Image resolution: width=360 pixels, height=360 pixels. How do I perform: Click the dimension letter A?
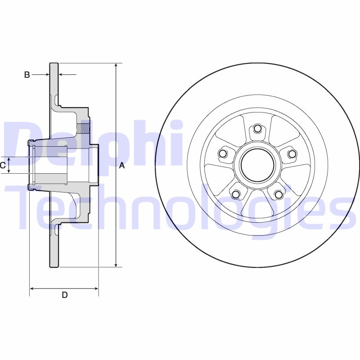click(x=121, y=166)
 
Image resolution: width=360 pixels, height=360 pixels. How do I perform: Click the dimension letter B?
click(x=27, y=75)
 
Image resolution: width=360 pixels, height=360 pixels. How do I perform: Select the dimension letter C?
click(x=3, y=165)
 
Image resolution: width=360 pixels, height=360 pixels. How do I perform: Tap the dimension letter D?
click(x=64, y=295)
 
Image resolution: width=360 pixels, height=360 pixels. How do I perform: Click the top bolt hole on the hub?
click(x=257, y=129)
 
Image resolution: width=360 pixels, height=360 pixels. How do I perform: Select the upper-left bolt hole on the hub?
click(x=222, y=154)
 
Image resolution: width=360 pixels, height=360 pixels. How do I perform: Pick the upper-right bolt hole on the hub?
click(x=292, y=154)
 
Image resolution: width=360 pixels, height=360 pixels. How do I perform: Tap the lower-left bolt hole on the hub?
click(x=235, y=194)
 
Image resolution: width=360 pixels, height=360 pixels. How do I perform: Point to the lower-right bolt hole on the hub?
click(x=279, y=194)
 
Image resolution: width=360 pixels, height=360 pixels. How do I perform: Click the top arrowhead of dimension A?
click(x=116, y=66)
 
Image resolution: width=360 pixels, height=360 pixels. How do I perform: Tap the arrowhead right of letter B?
click(x=62, y=74)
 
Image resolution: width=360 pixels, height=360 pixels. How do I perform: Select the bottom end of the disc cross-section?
click(x=54, y=266)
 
